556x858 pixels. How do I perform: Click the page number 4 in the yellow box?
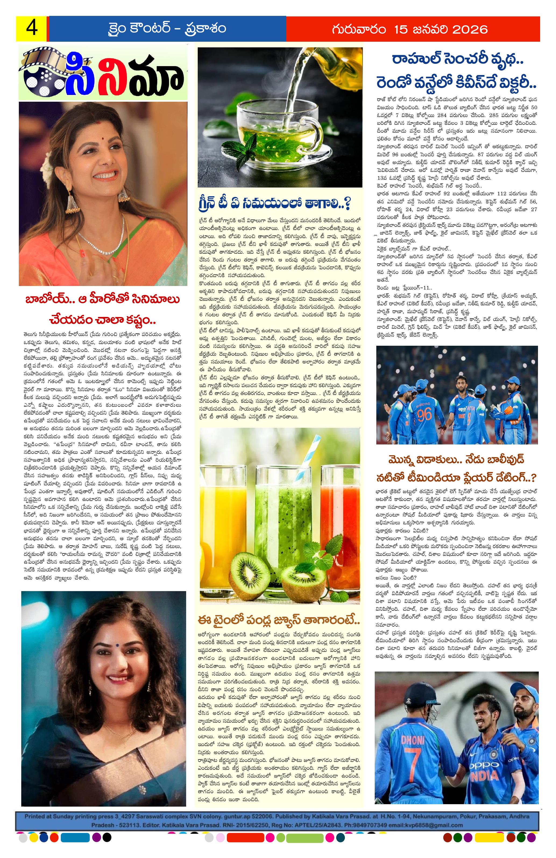(32, 29)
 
